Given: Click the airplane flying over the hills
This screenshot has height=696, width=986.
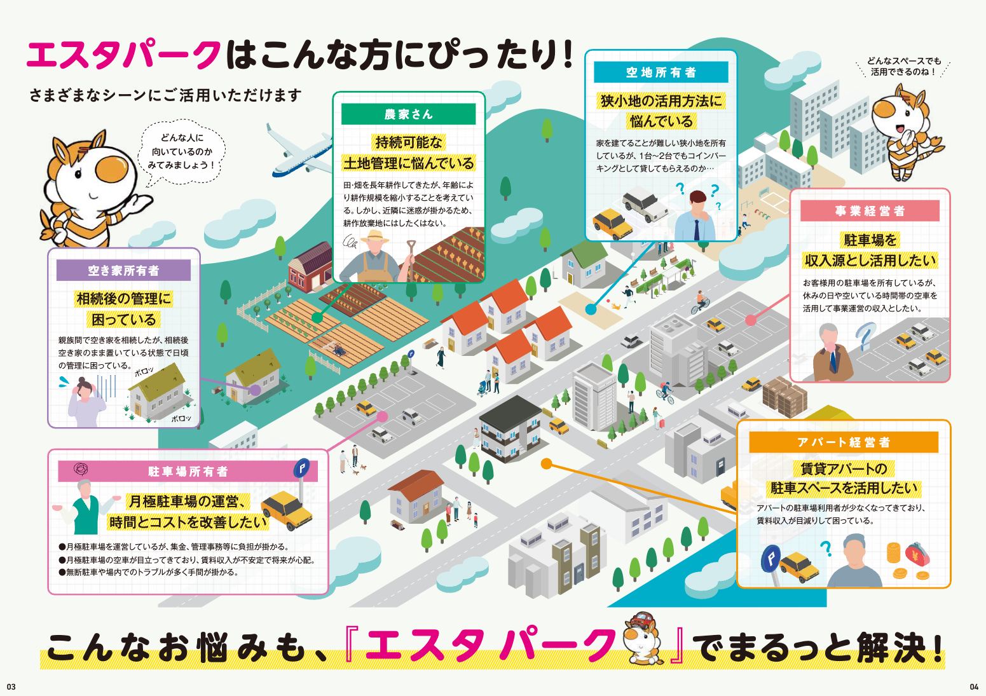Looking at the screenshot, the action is tap(299, 153).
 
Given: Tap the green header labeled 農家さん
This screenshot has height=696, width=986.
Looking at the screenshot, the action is tap(408, 114).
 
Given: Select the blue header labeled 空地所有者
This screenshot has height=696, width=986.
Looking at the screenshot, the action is tap(661, 72).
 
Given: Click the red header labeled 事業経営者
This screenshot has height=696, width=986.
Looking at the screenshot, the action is tap(869, 211).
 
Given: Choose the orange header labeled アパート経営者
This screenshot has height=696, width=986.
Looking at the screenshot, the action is tap(843, 442).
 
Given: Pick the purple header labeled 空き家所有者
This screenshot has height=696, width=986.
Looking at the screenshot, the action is tap(123, 271).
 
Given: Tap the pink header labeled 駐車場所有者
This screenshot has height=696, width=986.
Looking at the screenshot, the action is tap(188, 472).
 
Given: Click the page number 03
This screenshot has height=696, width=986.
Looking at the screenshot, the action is tap(11, 686).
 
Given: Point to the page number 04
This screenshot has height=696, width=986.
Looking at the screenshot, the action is tap(974, 686).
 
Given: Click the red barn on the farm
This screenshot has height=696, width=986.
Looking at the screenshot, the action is tap(310, 267).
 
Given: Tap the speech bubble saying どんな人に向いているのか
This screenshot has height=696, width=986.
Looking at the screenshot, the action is tap(181, 151).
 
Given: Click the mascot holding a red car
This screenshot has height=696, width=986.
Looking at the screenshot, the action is tap(641, 639).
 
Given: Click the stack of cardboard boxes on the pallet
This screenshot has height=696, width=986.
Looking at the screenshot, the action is tap(784, 394).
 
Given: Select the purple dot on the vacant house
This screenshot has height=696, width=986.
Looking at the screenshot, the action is tap(255, 390).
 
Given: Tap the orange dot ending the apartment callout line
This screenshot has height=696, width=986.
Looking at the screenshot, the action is tap(546, 464).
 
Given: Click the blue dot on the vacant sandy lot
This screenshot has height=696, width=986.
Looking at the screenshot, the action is tap(591, 310).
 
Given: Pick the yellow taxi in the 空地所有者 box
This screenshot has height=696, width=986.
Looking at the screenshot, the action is tap(612, 223).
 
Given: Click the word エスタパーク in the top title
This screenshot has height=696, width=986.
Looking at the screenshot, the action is tap(124, 55).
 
